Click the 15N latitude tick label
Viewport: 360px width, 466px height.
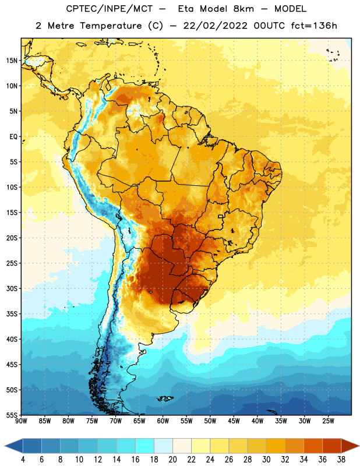[12, 61]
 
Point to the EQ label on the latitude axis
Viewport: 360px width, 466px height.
[13, 137]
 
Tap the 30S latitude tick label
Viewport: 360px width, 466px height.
[12, 288]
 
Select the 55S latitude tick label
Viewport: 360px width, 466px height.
[12, 415]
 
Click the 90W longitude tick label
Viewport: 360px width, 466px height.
[21, 421]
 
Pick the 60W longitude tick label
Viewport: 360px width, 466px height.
[163, 421]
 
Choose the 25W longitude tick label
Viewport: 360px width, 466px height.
[328, 421]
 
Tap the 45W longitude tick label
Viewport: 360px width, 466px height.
[234, 421]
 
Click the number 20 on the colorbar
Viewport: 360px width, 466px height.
[172, 460]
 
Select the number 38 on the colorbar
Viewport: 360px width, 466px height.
[341, 460]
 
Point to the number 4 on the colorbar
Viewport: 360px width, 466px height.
[23, 460]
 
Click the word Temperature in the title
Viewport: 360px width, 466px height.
[111, 26]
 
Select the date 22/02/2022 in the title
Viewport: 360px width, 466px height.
[215, 26]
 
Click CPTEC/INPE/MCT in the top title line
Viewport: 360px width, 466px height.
[110, 9]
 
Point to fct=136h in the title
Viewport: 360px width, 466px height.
[314, 26]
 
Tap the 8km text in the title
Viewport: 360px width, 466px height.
[243, 9]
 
